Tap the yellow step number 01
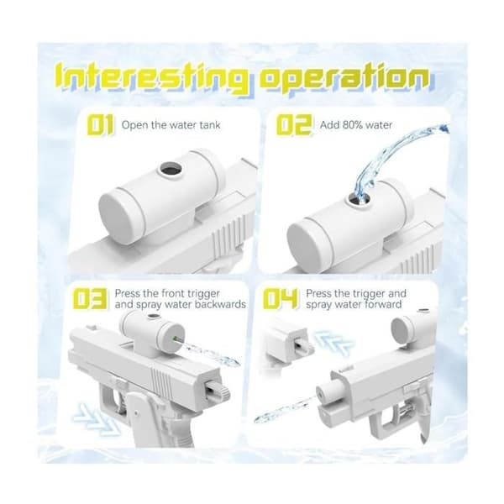point(101,124)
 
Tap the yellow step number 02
point(294,124)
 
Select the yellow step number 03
point(90,298)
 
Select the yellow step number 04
point(281,298)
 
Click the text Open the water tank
point(171,124)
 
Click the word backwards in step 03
point(220,304)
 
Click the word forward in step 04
point(381,304)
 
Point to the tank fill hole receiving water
point(359,198)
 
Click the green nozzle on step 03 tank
point(176,338)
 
